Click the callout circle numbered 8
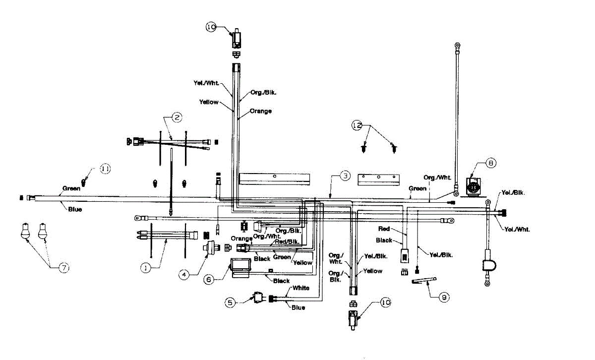coord(490,162)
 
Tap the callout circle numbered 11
coord(105,169)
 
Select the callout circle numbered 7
coord(64,268)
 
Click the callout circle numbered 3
coord(345,175)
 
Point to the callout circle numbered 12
coord(357,125)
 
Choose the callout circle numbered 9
coord(444,297)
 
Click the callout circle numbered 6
coord(209,279)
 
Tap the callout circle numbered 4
coord(184,273)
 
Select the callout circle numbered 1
coord(145,268)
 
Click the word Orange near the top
coord(261,111)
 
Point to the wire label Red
coord(384,229)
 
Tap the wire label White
coord(301,288)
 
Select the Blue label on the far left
coord(74,209)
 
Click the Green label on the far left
coord(71,188)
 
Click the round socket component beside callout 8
coord(473,188)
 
